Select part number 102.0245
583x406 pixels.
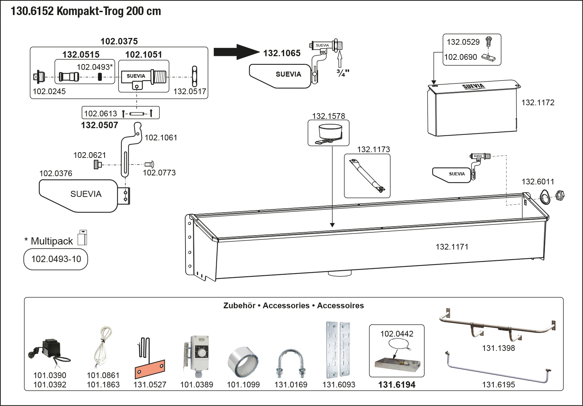point(49,91)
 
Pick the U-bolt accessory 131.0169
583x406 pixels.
point(290,363)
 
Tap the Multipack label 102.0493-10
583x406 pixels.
point(56,259)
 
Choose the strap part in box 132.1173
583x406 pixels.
point(367,175)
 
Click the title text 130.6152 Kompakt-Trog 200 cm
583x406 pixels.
point(86,11)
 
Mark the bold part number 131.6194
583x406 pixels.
point(397,385)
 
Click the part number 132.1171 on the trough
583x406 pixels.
point(452,247)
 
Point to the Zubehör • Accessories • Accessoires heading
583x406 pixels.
point(293,306)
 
